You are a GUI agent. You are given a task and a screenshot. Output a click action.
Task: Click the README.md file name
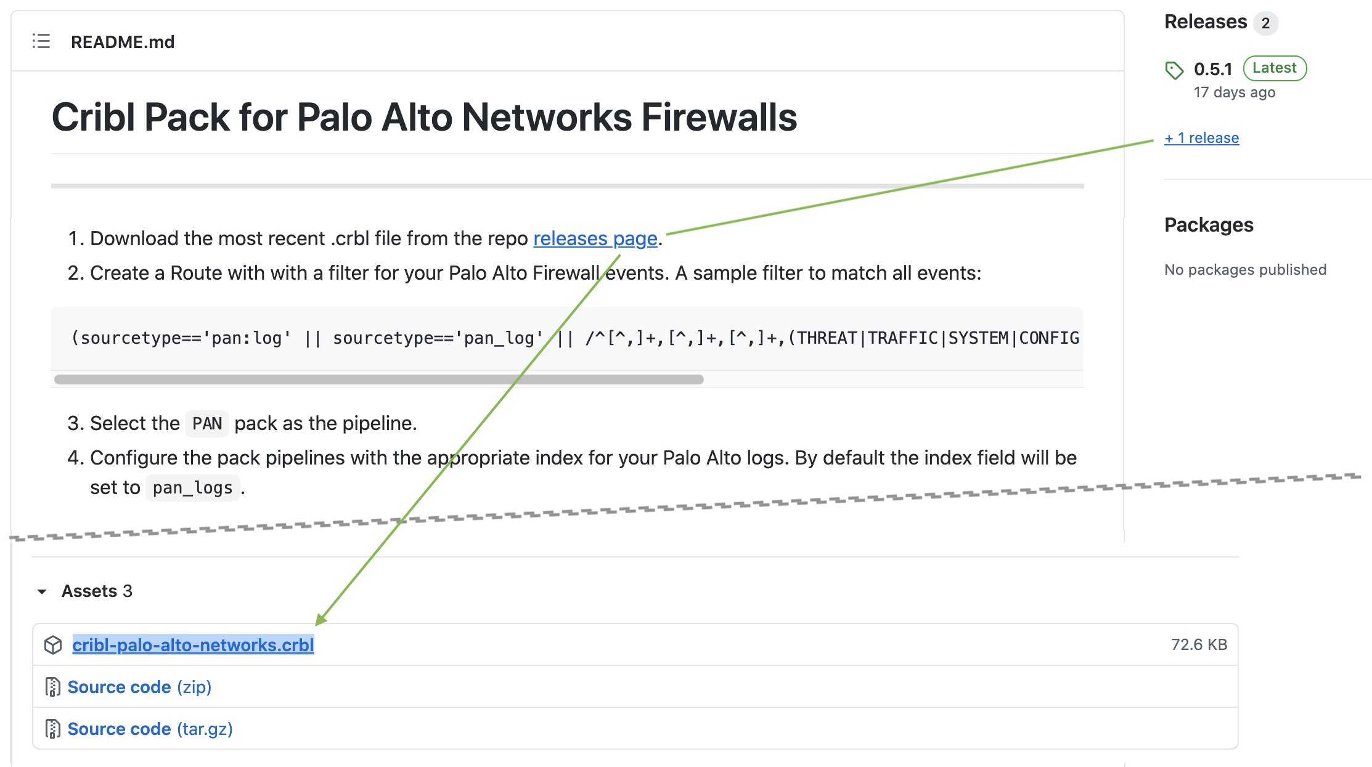click(123, 42)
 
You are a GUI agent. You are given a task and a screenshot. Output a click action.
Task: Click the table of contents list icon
click(41, 41)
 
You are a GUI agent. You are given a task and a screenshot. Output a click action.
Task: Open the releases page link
click(595, 238)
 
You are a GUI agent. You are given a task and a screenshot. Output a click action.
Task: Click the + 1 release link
click(1201, 138)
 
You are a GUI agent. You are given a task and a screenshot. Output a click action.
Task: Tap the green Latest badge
click(1275, 68)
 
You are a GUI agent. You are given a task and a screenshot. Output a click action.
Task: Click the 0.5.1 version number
click(1212, 69)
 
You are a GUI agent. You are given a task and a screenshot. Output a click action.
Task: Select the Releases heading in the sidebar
click(1205, 22)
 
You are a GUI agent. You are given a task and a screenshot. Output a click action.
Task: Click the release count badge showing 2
click(1265, 23)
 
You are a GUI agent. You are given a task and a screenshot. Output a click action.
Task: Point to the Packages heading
click(1209, 225)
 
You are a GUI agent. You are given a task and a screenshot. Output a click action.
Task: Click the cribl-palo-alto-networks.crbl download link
click(193, 645)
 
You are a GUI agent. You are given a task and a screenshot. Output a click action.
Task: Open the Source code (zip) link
click(139, 687)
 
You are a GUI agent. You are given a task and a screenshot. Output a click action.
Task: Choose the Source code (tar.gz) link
click(150, 729)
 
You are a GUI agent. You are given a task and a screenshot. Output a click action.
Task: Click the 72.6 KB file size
click(1199, 644)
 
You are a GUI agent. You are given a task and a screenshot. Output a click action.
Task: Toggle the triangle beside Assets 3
click(42, 591)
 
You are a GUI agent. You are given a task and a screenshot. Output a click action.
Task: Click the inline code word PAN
click(207, 424)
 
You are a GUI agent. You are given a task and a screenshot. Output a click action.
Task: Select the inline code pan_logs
click(192, 488)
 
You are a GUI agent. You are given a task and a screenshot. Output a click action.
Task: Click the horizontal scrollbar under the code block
click(378, 379)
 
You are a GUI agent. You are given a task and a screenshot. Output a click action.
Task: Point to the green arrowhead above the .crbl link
click(321, 619)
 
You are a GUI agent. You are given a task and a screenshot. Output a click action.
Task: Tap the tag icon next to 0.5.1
click(1174, 70)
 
